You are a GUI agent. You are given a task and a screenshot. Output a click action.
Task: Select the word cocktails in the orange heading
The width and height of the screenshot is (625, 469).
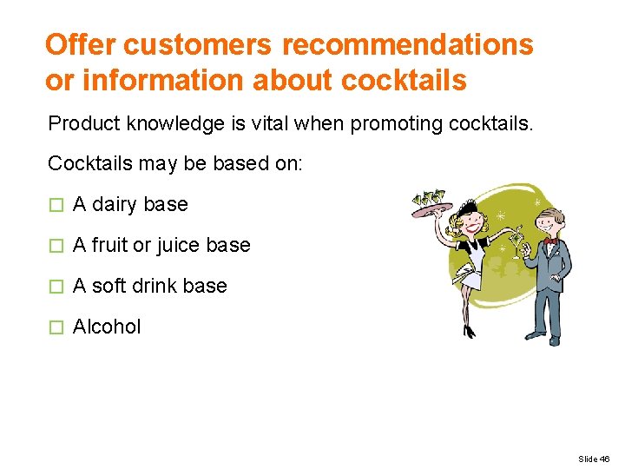pyautogui.click(x=405, y=81)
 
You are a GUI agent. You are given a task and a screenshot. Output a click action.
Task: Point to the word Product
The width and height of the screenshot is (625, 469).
pyautogui.click(x=83, y=123)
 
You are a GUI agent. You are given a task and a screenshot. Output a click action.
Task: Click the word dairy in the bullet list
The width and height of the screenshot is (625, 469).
pyautogui.click(x=115, y=204)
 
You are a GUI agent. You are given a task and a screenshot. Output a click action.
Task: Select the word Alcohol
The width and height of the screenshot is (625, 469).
pyautogui.click(x=107, y=327)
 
